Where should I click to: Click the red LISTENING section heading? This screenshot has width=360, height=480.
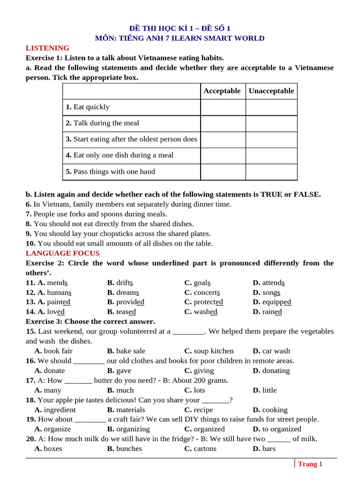coord(47,48)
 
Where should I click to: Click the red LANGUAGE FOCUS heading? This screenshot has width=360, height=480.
coord(62,253)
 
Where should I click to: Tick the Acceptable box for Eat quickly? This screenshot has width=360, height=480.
coord(223,107)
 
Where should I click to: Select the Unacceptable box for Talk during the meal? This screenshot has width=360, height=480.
coord(271,123)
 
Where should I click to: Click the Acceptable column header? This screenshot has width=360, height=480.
coord(222,91)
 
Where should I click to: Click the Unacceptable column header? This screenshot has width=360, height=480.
coord(271,91)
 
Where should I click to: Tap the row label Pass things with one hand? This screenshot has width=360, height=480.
coord(111,172)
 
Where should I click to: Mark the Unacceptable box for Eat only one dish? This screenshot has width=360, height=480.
coord(271,155)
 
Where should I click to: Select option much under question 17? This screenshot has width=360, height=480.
coord(125,390)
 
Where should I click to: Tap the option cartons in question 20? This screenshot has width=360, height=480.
coord(205,449)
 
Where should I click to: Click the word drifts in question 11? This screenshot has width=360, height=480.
coord(125,283)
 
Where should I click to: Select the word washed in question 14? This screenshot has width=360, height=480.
coord(205,312)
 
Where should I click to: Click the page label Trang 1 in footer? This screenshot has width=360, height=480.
coord(310,464)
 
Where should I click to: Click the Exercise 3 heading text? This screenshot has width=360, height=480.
coord(90,322)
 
